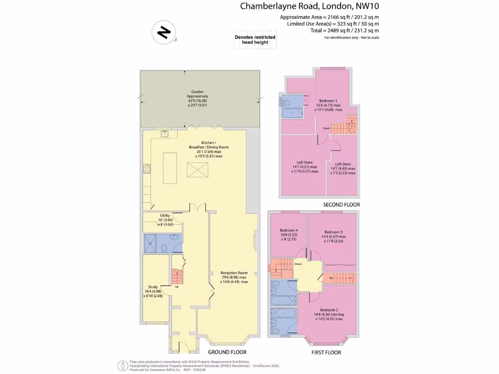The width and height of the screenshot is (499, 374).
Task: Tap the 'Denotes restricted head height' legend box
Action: point(255,40)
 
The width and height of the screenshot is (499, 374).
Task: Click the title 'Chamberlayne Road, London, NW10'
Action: point(309,6)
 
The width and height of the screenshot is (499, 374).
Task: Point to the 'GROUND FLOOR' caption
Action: point(227,352)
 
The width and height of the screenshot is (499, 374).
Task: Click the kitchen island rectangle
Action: point(170,168)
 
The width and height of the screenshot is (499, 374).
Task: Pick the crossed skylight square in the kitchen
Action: point(198,171)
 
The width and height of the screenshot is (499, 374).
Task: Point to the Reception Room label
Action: point(234,277)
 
